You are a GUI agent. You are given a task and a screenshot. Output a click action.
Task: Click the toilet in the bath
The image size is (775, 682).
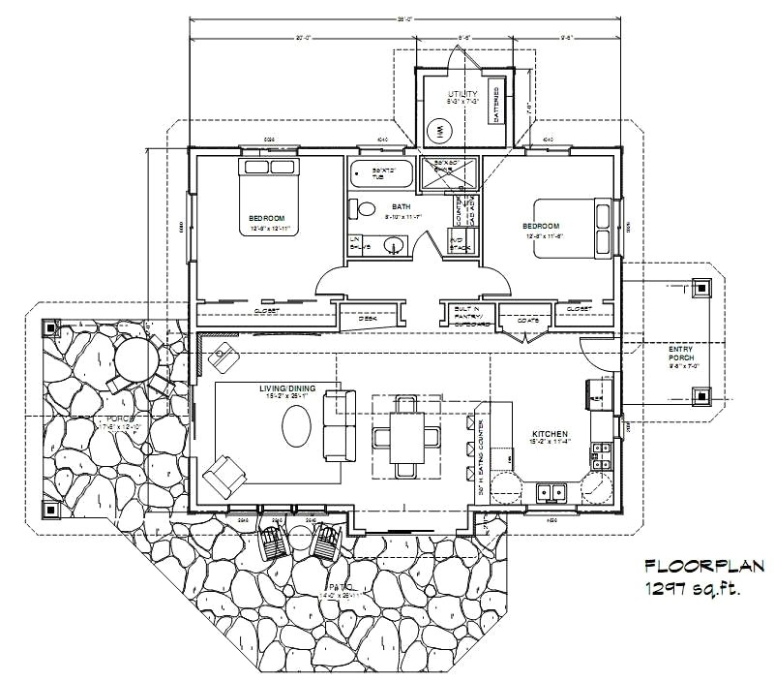[x=366, y=207]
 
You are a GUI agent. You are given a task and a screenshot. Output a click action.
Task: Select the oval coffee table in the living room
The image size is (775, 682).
[x=297, y=426]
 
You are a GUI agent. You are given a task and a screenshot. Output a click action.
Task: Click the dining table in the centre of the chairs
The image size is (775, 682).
[x=404, y=435]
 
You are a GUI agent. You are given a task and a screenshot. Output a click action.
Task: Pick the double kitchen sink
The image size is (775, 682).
[x=552, y=492]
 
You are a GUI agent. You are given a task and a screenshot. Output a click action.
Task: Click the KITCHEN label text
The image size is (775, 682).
[x=548, y=435]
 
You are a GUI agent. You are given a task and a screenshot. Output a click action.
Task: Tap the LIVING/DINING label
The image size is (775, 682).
[x=286, y=389]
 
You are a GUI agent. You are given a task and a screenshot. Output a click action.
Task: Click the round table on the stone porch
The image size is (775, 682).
[x=134, y=358]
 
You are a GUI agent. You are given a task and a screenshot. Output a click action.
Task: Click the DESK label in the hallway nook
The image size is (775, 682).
[x=368, y=317]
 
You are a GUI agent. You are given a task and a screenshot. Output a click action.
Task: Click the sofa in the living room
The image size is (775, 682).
[x=339, y=425]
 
